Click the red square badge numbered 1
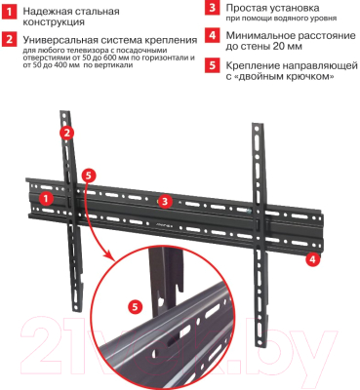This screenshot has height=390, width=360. pyautogui.click(x=10, y=12)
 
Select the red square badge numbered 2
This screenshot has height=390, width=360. pyautogui.click(x=10, y=40)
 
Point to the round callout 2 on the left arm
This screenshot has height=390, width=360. pyautogui.click(x=66, y=132)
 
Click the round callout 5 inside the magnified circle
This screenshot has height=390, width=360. pyautogui.click(x=134, y=305)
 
